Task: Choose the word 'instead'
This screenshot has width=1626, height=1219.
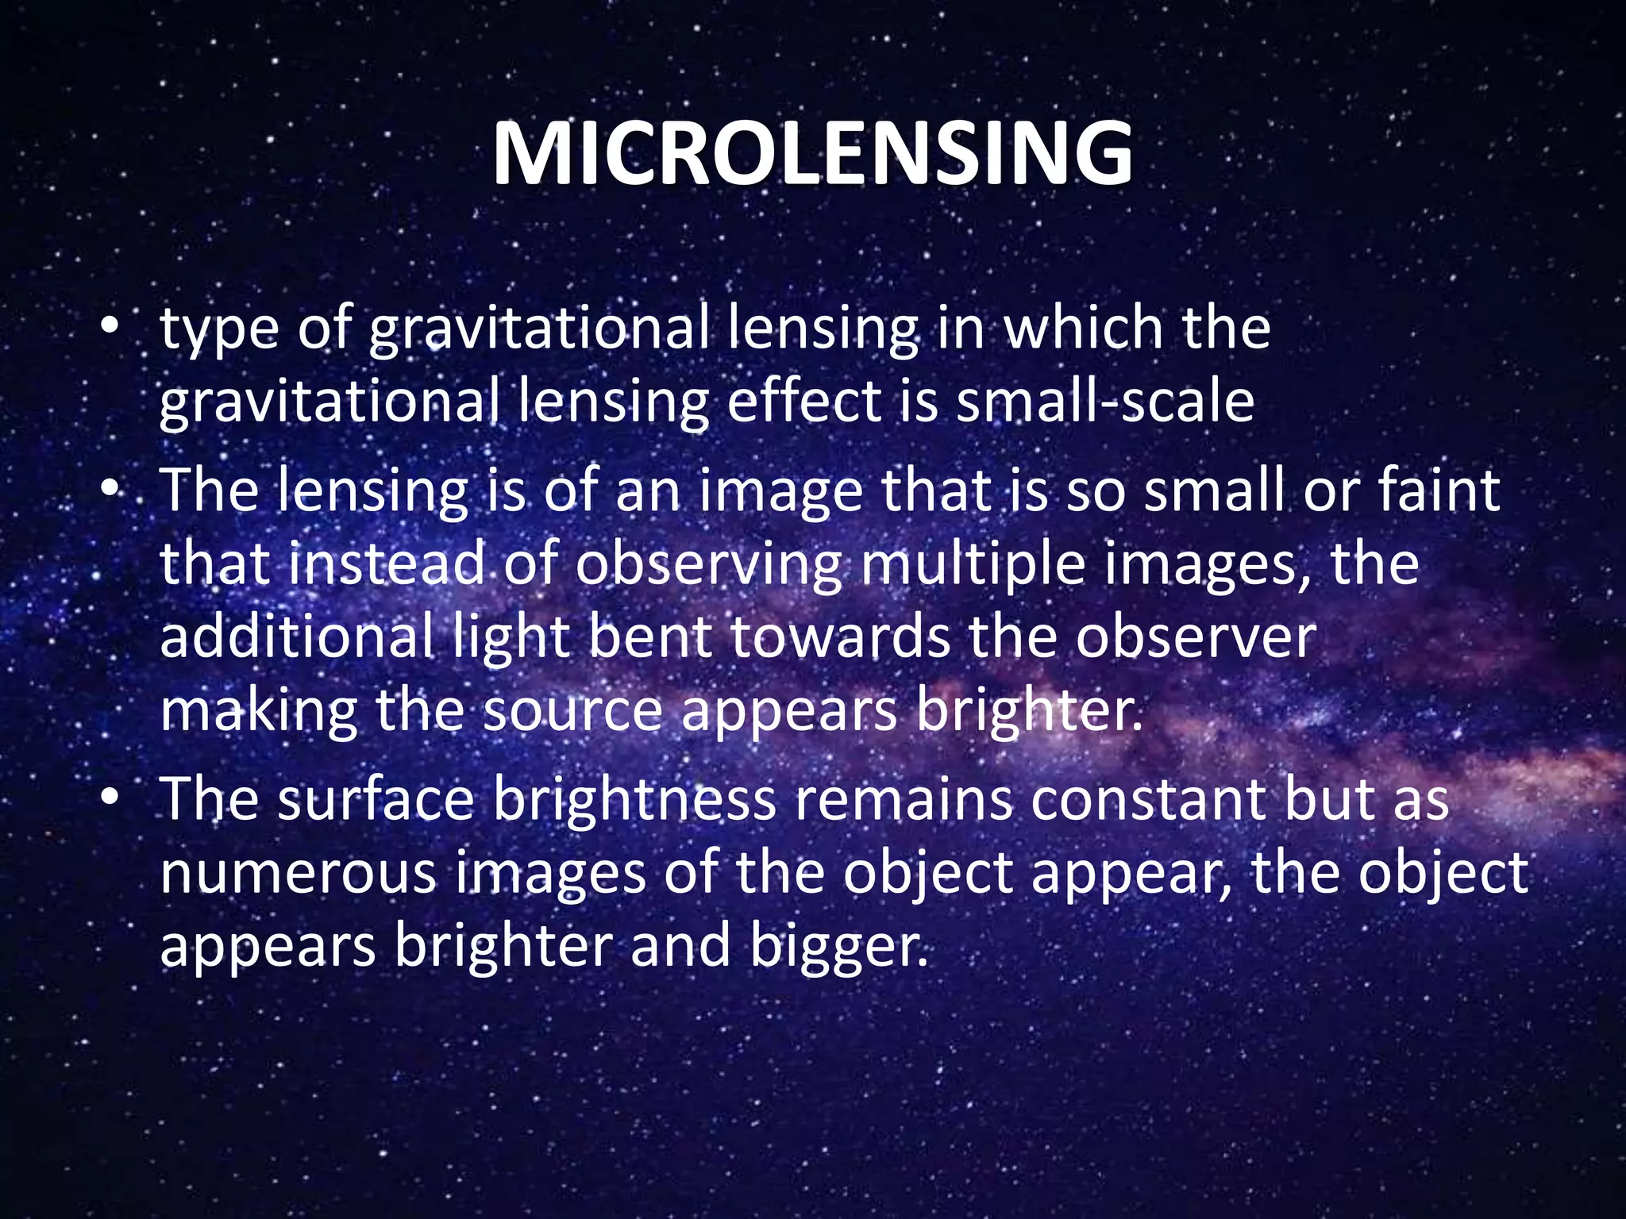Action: [x=386, y=563]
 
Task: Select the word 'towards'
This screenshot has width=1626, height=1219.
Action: [x=840, y=637]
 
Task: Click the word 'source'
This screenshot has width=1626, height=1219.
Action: [x=572, y=710]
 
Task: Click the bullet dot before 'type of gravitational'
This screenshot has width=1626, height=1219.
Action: [x=110, y=327]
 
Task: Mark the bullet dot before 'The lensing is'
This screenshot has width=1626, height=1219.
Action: [x=110, y=490]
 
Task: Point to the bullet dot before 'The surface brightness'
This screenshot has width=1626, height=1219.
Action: [x=110, y=798]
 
